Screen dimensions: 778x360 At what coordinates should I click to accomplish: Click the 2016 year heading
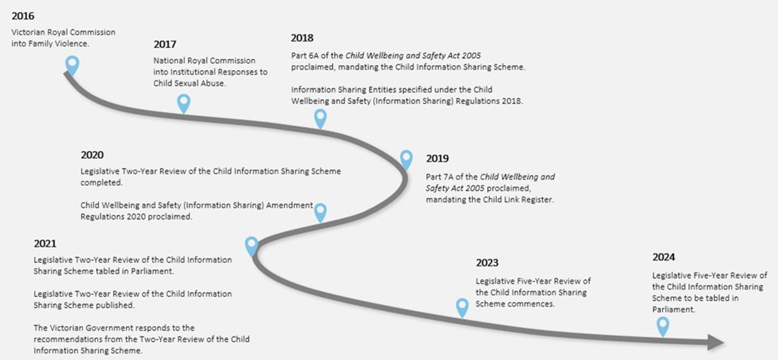tap(23, 16)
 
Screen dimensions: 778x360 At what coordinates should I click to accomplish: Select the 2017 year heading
tap(165, 45)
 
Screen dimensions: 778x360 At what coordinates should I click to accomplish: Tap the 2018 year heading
tap(302, 38)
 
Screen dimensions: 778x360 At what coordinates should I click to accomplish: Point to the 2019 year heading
tap(437, 158)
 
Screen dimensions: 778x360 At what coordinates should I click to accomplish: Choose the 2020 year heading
tap(92, 155)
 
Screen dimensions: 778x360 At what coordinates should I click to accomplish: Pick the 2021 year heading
tap(45, 244)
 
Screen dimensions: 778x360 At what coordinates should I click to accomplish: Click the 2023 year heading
tap(487, 263)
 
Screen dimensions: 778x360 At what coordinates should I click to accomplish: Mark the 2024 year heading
tap(664, 257)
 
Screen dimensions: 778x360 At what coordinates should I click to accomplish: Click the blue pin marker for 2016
tap(72, 65)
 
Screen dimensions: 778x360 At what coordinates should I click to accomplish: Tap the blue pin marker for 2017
tap(184, 103)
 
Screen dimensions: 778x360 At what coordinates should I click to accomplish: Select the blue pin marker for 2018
tap(320, 118)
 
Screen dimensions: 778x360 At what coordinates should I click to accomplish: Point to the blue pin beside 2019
tap(406, 159)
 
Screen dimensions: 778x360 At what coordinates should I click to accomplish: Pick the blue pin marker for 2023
tap(462, 307)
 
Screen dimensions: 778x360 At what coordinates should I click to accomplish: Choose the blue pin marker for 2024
tap(663, 326)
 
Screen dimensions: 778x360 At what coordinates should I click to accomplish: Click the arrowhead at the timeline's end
tap(716, 342)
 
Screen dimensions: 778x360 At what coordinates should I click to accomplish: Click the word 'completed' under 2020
tap(101, 183)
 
